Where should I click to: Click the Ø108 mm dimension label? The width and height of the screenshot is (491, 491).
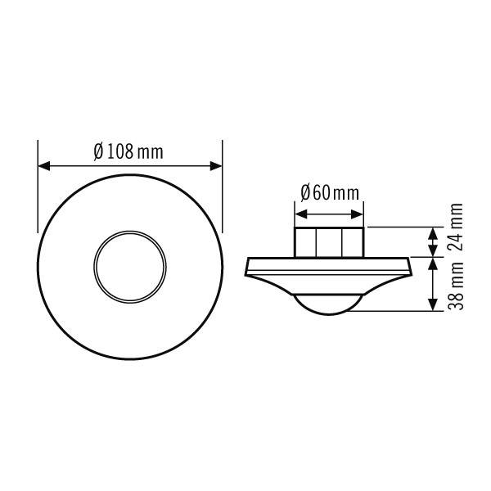128,151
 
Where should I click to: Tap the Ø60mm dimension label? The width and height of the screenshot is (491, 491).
329,193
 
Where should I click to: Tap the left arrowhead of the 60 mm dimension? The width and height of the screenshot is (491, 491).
300,214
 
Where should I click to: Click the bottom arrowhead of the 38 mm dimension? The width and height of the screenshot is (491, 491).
431,306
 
